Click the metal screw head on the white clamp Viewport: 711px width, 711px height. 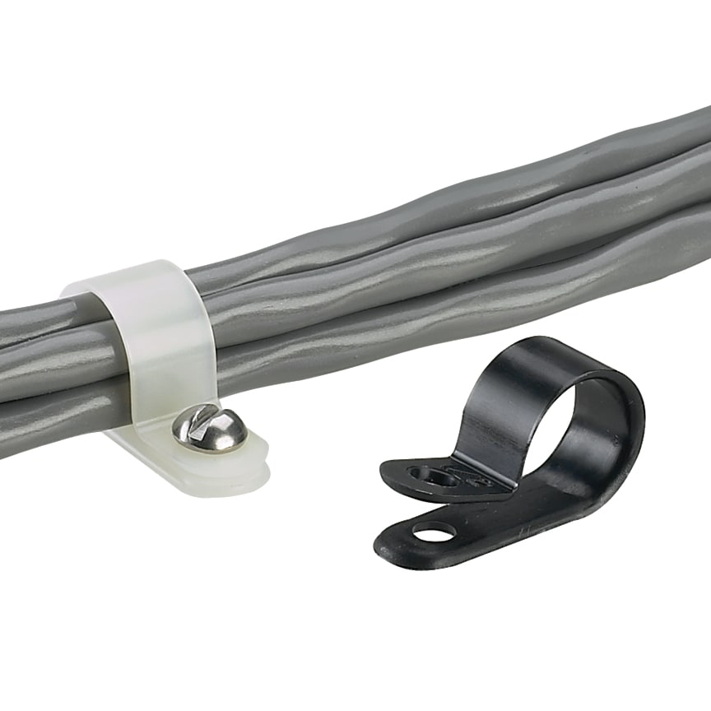click(x=209, y=429)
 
